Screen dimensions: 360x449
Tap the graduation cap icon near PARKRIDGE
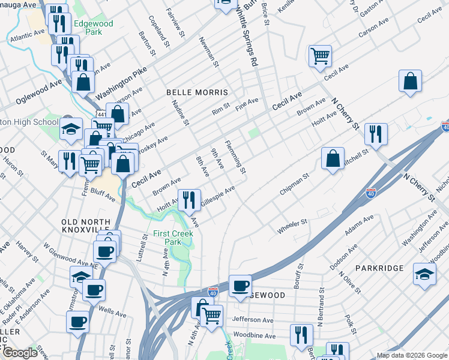pos(424,274)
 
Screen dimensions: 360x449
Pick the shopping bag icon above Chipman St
pos(333,158)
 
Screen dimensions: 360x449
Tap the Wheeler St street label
pos(292,227)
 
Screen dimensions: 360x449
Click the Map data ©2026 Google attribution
pos(412,355)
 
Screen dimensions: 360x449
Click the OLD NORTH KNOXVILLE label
pos(85,226)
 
